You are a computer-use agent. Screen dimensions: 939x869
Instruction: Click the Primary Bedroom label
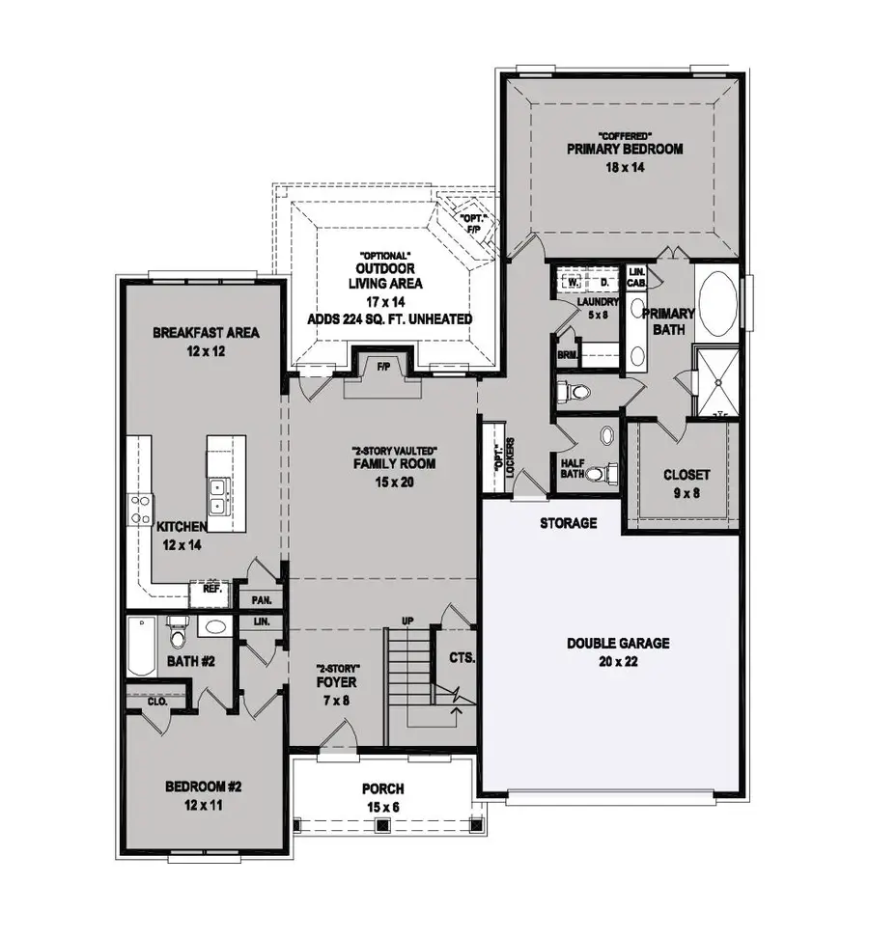[x=625, y=150]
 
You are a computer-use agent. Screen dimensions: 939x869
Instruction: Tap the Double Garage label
[x=618, y=644]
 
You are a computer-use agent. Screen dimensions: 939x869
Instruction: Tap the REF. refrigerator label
[x=211, y=587]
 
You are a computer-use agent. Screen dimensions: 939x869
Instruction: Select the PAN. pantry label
[x=262, y=599]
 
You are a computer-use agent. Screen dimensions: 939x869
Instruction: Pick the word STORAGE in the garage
[x=568, y=523]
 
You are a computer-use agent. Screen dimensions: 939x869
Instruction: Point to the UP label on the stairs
[x=407, y=620]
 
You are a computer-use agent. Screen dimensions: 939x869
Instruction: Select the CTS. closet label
[x=462, y=658]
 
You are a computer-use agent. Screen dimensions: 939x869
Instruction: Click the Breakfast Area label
[x=207, y=334]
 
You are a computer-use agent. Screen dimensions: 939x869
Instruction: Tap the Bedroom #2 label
[x=204, y=787]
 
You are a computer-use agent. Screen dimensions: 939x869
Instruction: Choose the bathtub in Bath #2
[x=140, y=648]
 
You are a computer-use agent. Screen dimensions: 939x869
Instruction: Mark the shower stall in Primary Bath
[x=716, y=381]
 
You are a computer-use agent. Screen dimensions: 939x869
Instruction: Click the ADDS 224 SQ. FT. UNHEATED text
[x=391, y=318]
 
